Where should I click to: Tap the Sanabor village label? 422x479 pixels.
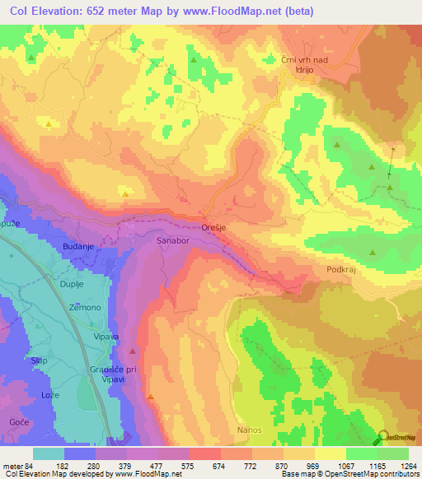pyautogui.click(x=173, y=240)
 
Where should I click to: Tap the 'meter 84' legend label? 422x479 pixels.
pyautogui.click(x=18, y=465)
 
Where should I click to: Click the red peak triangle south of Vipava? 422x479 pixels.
pyautogui.click(x=133, y=352)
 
